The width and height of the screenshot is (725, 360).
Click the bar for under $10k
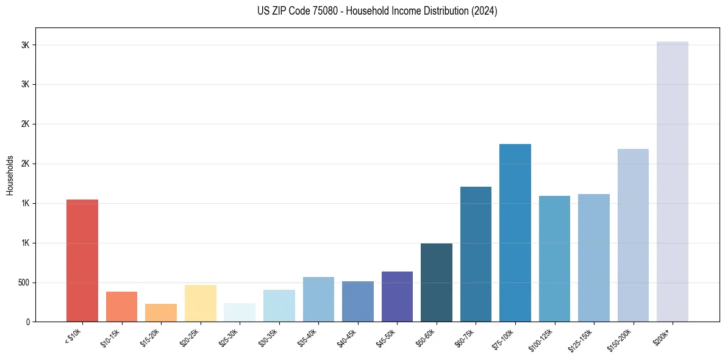click(82, 261)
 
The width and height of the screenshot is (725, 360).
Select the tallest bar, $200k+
click(673, 181)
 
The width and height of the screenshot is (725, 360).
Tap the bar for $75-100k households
click(515, 232)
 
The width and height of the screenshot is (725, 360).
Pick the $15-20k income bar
click(161, 312)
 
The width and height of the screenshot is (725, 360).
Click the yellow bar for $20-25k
click(201, 303)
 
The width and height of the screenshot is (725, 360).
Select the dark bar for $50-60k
click(437, 283)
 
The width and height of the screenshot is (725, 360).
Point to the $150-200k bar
click(633, 235)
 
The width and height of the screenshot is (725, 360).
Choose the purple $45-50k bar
click(397, 297)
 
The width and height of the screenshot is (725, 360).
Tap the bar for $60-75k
click(476, 254)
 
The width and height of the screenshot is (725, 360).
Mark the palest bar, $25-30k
click(240, 312)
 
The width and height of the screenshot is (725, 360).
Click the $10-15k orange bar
click(122, 306)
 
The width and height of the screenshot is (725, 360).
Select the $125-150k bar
click(594, 257)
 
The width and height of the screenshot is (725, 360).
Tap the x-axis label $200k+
click(662, 336)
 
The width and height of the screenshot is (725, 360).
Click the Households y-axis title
click(10, 175)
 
